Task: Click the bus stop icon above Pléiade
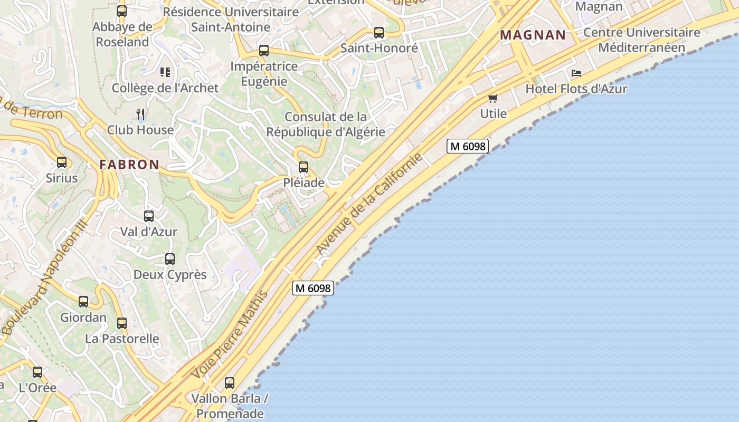(x=304, y=167)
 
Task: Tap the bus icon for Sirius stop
(x=62, y=162)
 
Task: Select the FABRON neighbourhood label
(x=129, y=165)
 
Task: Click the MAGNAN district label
(x=533, y=35)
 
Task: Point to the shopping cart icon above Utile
(x=493, y=98)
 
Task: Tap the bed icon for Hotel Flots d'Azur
(x=576, y=73)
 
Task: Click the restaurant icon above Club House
(x=140, y=114)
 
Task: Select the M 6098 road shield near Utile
(x=467, y=146)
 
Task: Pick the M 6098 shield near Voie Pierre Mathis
(x=313, y=288)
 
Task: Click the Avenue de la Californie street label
(x=369, y=204)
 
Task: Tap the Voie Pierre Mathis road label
(x=230, y=334)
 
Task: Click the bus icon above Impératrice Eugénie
(x=264, y=51)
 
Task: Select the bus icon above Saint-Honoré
(x=379, y=33)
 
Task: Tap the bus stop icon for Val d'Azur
(x=149, y=216)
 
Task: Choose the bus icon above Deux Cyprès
(x=170, y=259)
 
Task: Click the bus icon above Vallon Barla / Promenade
(x=230, y=383)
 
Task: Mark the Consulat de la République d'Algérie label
(x=325, y=124)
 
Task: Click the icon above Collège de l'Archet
(x=165, y=72)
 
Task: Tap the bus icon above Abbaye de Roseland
(x=122, y=11)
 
